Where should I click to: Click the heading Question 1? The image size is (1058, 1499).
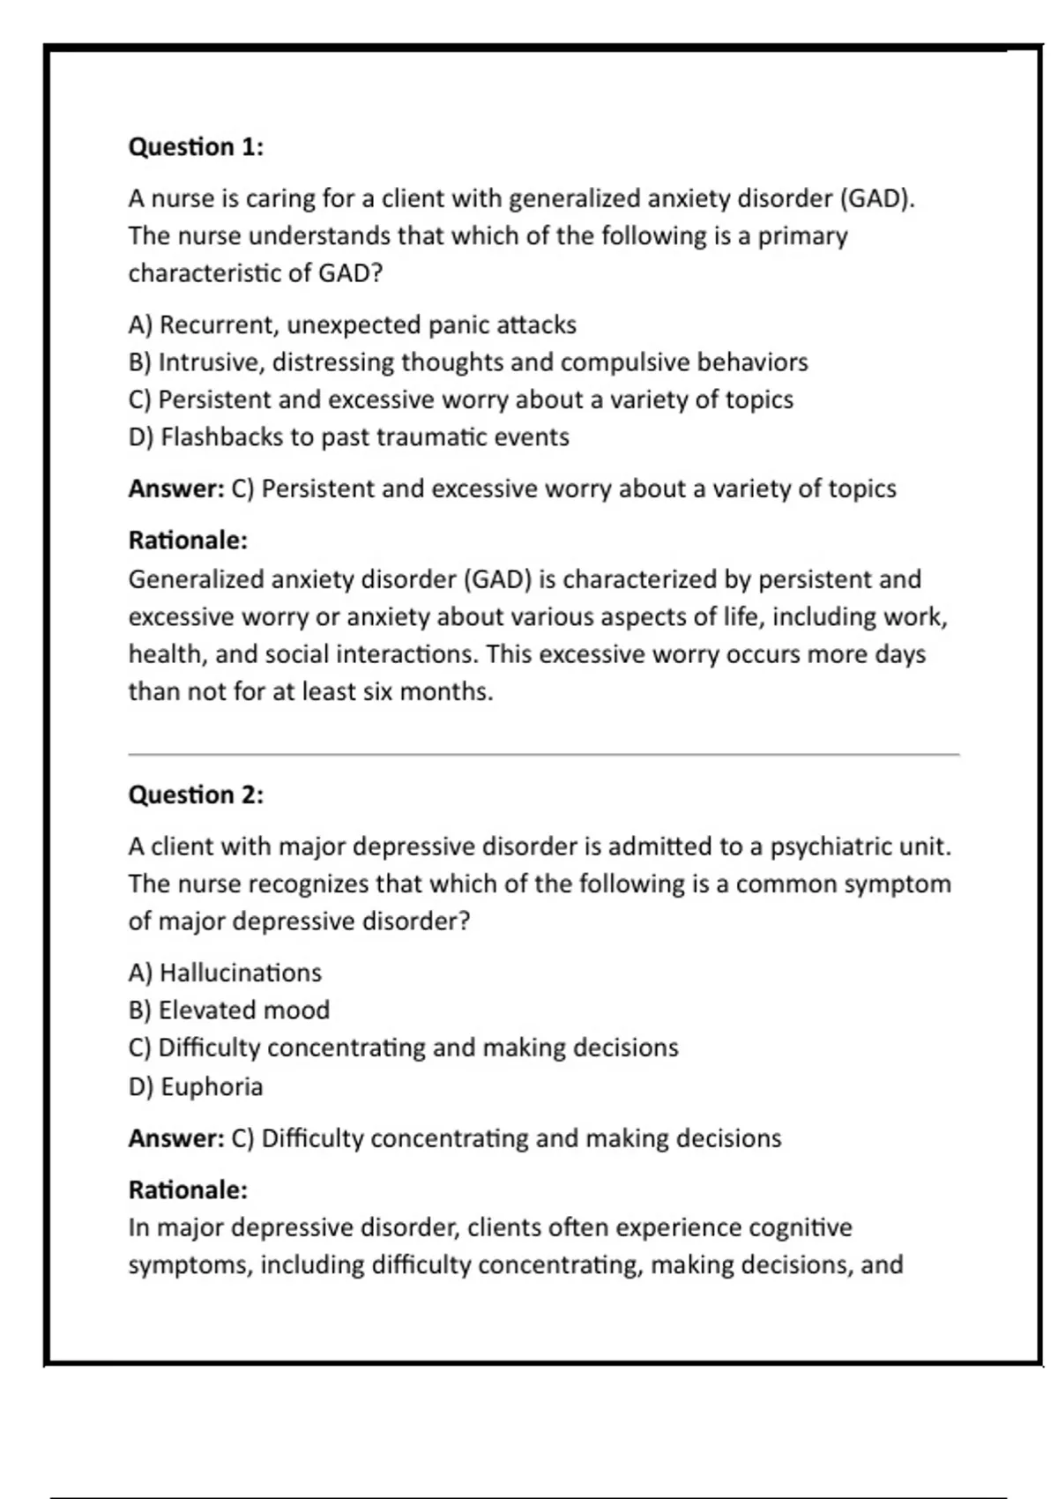196,146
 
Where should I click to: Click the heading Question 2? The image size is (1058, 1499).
196,794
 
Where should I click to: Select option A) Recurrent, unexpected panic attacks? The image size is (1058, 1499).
352,325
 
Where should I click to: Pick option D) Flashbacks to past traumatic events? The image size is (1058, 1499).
348,437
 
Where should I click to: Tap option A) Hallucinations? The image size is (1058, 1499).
225,973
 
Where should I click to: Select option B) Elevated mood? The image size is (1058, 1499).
229,1011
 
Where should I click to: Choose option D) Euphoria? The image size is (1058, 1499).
196,1086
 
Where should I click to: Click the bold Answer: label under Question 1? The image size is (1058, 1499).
176,488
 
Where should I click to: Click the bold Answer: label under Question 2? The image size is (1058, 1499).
176,1138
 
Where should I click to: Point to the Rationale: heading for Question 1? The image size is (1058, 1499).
188,540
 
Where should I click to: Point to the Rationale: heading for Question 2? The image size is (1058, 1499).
188,1190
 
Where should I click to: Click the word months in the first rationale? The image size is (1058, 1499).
445,692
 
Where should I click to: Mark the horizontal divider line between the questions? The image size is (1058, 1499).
543,755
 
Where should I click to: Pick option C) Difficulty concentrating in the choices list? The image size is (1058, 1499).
403,1048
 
